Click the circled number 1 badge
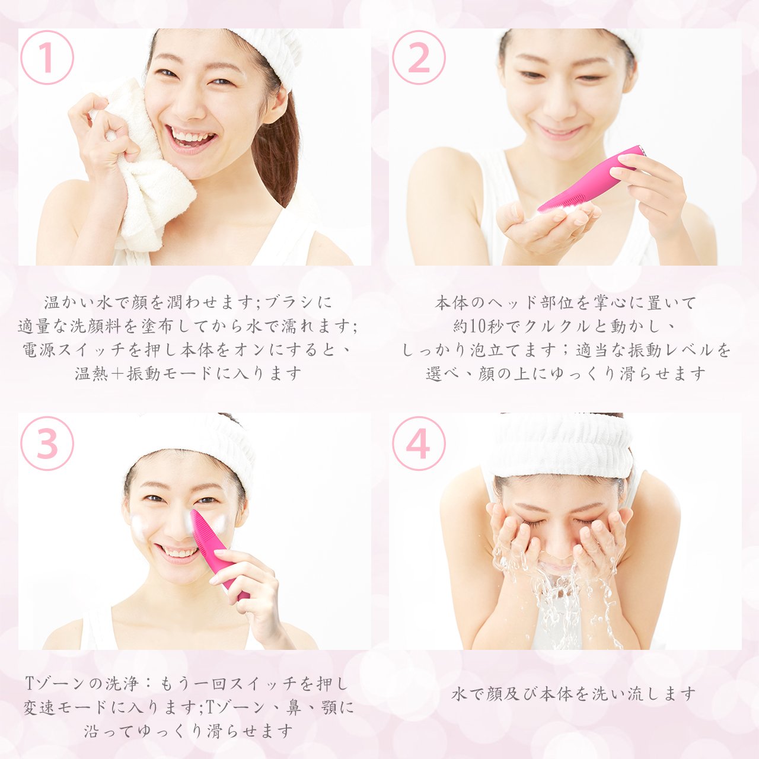point(47,58)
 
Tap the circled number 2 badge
point(419,58)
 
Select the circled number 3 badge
point(47,444)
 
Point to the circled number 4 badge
point(419,444)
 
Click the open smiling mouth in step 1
point(191,138)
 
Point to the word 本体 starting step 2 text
point(452,302)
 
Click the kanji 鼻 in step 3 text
point(293,707)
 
